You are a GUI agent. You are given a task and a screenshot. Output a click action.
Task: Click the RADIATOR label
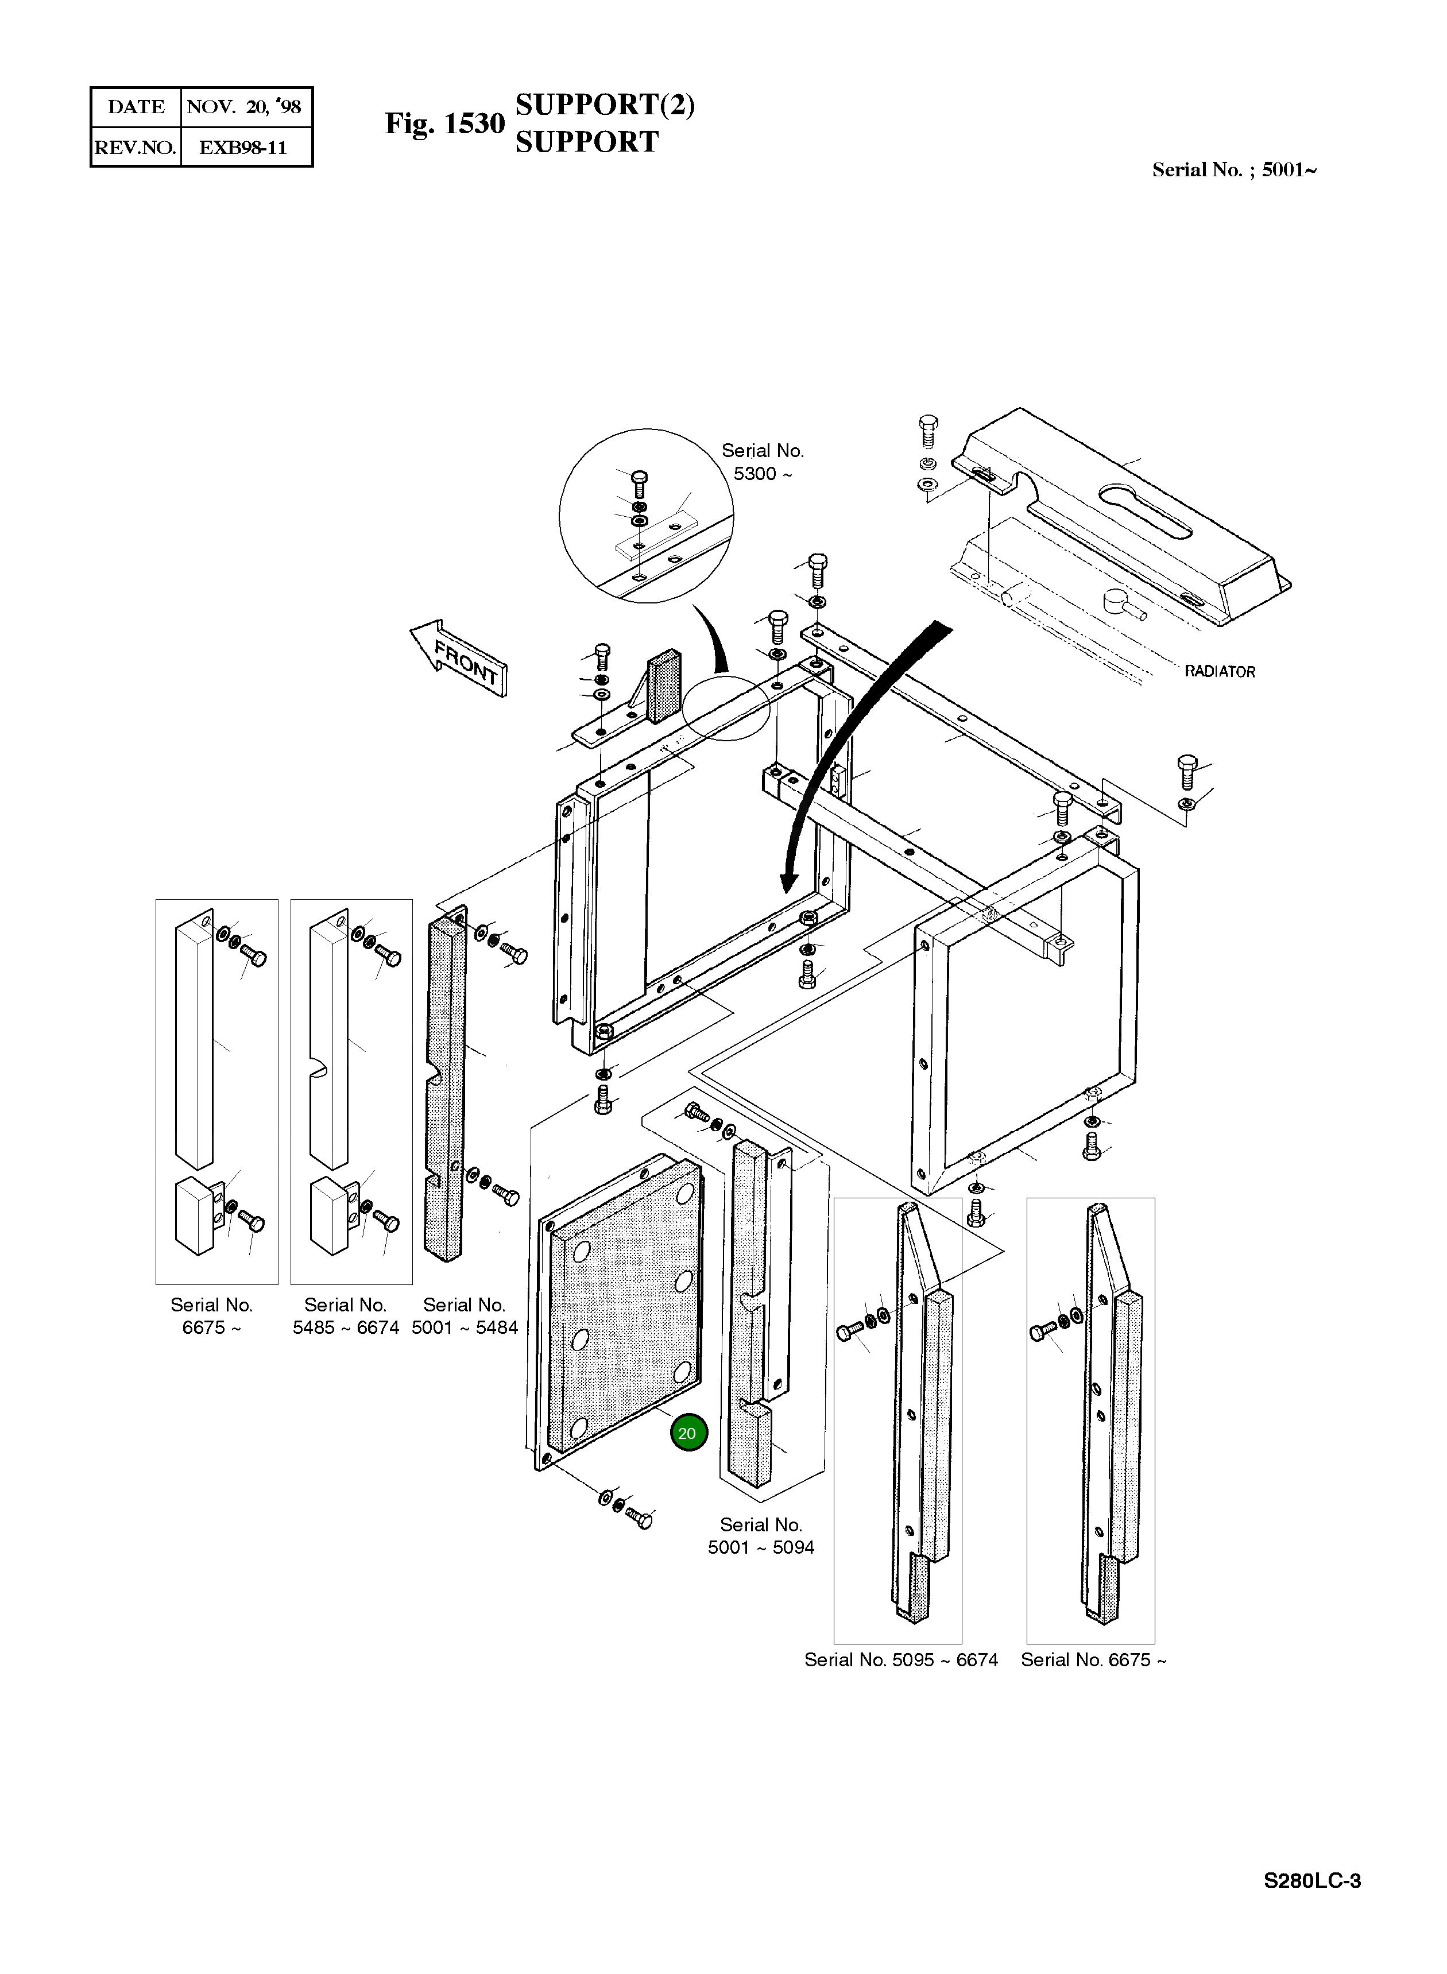(x=1219, y=672)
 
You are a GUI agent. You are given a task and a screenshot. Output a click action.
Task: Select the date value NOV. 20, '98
(x=245, y=107)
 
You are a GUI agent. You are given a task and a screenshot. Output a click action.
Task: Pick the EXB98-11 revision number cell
(x=243, y=147)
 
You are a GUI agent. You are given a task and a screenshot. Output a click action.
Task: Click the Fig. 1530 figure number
(x=445, y=123)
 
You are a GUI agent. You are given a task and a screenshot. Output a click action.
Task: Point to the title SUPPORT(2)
(x=605, y=104)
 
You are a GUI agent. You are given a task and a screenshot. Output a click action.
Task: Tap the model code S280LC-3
(x=1311, y=1881)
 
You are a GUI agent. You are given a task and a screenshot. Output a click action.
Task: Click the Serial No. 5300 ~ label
(x=762, y=462)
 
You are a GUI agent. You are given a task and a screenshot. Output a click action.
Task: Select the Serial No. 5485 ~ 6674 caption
(x=346, y=1317)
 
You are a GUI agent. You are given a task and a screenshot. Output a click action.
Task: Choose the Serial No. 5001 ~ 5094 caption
(x=761, y=1536)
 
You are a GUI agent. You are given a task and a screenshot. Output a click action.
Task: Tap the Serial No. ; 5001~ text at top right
(x=1234, y=170)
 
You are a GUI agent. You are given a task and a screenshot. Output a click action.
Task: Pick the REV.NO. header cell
(x=136, y=147)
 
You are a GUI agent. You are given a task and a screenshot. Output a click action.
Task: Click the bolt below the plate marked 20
(x=640, y=1519)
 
